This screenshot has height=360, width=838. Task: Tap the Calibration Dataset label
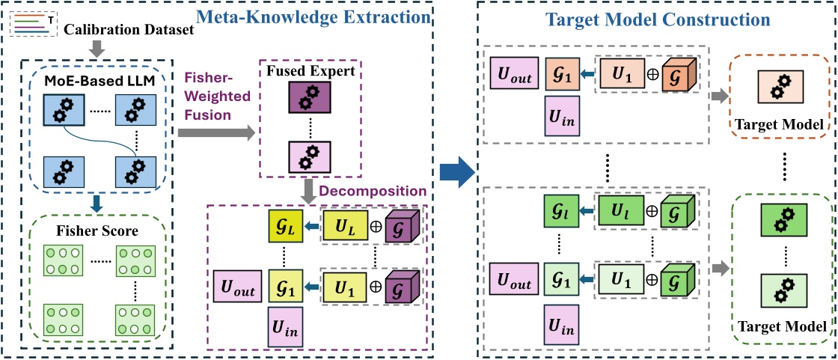pos(129,29)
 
